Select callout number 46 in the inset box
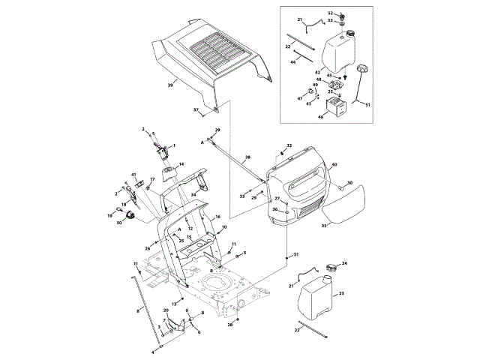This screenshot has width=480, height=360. [321, 116]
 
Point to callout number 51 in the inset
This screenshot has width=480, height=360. [367, 105]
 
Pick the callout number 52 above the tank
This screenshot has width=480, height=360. [330, 14]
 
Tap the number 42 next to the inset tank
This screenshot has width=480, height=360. [318, 72]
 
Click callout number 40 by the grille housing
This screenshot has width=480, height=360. [334, 164]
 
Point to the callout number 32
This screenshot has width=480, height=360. [289, 145]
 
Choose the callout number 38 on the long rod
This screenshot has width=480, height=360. [247, 157]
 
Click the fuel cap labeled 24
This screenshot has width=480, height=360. [332, 265]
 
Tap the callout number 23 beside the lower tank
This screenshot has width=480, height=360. [341, 294]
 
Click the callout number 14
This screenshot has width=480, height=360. [181, 163]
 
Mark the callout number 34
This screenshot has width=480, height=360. [193, 195]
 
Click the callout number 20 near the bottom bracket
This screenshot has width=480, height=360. [166, 310]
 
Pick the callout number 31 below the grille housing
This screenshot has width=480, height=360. [295, 255]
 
